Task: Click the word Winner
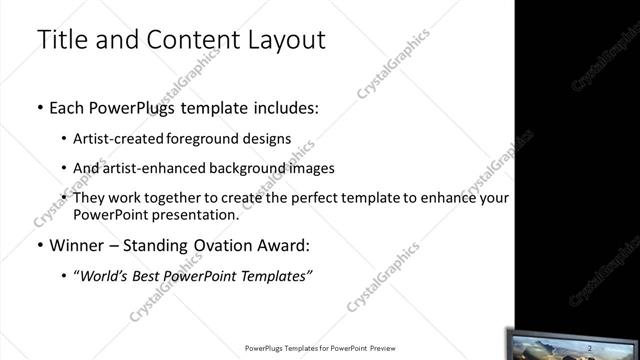point(74,244)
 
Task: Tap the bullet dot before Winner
point(39,244)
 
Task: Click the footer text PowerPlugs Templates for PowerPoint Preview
point(321,349)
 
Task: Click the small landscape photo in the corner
point(574,345)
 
